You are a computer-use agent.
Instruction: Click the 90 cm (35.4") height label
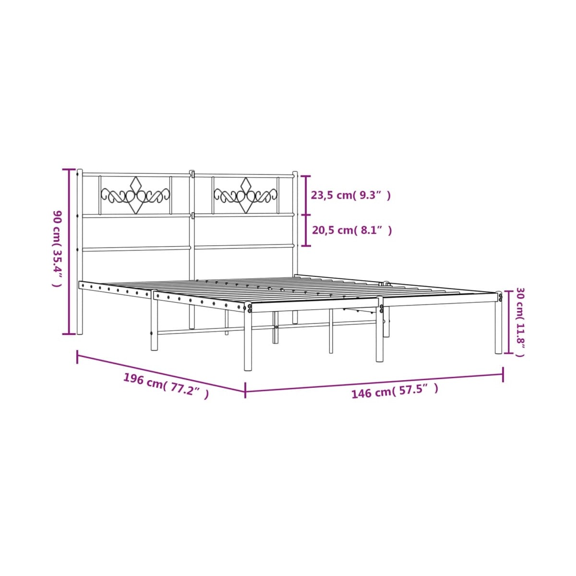(x=58, y=249)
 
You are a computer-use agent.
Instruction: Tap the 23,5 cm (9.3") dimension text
(x=351, y=195)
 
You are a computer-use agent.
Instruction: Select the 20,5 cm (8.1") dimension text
(x=352, y=230)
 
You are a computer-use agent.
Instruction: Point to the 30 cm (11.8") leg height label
(x=520, y=322)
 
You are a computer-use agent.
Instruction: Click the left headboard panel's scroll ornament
(x=135, y=195)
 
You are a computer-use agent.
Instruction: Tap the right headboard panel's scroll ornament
(x=245, y=195)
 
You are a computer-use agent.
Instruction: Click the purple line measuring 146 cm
(x=374, y=383)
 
